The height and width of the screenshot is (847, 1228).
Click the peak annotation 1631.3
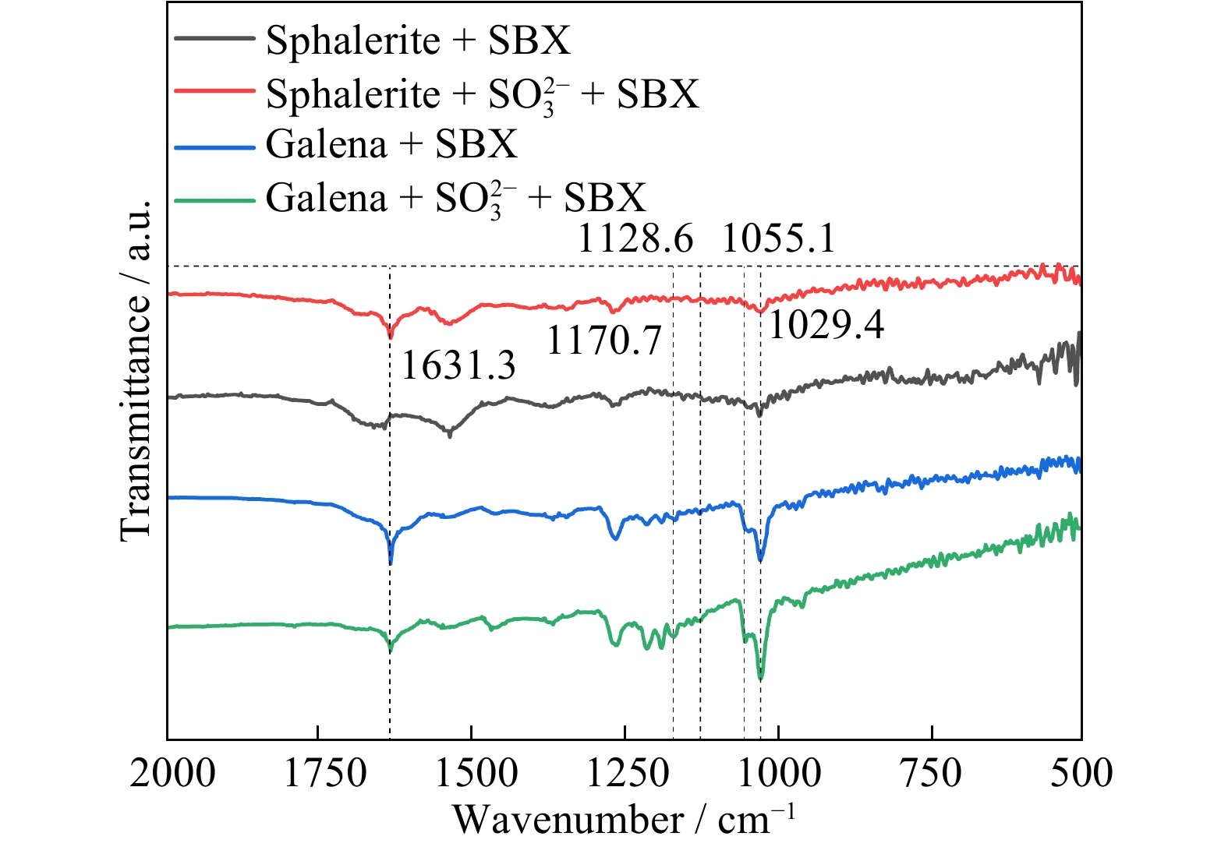click(458, 365)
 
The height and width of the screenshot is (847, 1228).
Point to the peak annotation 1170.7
click(604, 341)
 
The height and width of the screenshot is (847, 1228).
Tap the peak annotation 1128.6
click(635, 238)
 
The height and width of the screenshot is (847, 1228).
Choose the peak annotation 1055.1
click(779, 238)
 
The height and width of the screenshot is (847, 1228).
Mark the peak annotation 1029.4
click(826, 325)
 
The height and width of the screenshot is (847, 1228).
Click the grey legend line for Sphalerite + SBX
click(214, 38)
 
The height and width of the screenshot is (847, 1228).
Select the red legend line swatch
click(214, 91)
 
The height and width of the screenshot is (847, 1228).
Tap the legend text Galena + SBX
click(391, 144)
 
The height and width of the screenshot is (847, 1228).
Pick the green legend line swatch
click(214, 199)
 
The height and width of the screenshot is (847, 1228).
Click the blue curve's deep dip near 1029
click(760, 559)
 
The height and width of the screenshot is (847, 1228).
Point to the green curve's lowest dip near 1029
click(761, 678)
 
